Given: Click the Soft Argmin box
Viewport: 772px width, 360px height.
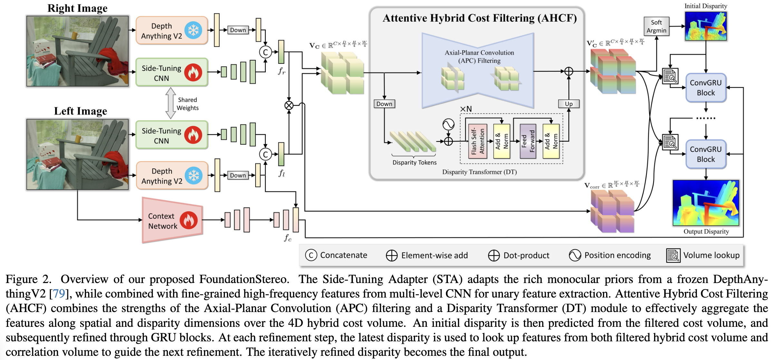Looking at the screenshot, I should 656,26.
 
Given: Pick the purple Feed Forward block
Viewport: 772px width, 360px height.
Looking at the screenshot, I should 527,141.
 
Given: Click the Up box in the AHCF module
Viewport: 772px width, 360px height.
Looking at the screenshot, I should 569,104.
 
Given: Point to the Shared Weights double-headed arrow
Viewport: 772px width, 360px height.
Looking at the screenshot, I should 170,103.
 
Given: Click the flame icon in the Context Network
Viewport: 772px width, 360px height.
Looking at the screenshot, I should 189,220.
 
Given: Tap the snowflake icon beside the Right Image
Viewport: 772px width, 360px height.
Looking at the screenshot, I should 193,31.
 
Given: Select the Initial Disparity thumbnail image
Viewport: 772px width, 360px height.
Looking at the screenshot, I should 706,26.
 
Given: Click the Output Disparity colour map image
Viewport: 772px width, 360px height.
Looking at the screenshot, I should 706,203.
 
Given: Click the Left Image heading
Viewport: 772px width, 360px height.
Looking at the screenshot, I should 81,111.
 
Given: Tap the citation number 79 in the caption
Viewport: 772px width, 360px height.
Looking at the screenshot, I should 59,294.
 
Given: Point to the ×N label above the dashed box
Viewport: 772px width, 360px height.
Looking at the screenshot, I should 466,109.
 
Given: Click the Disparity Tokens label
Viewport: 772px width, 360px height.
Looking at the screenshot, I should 414,163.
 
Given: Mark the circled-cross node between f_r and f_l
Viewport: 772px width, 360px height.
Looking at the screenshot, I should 289,105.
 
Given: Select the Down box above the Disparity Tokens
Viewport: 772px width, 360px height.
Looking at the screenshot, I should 384,104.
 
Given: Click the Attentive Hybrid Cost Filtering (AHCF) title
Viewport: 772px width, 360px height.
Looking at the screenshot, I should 479,18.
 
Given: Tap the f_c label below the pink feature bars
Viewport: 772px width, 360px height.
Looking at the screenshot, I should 288,238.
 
